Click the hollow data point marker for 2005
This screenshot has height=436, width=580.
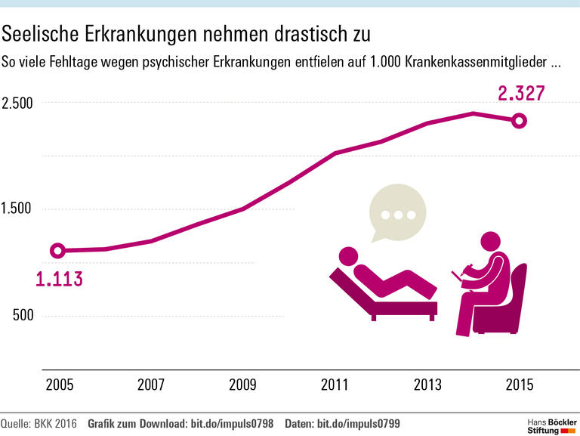click(57, 251)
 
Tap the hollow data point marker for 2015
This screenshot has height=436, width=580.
click(519, 120)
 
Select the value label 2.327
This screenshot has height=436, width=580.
click(521, 94)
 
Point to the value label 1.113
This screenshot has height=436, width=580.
click(59, 279)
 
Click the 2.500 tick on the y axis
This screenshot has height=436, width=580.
click(17, 103)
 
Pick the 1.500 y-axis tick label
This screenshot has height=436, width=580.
click(17, 209)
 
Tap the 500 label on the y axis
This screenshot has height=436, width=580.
click(23, 315)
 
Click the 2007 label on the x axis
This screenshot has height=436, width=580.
click(151, 385)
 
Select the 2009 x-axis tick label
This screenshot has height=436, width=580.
click(243, 385)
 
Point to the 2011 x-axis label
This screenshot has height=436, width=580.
click(335, 385)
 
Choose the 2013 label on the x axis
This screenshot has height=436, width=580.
click(427, 385)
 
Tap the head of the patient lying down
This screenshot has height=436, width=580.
click(349, 256)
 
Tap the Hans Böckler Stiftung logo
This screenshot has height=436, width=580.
click(549, 424)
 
